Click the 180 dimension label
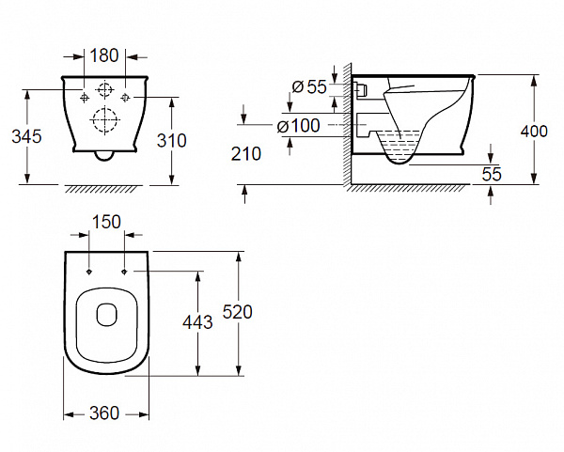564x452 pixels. [x=104, y=55]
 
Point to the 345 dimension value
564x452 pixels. [x=26, y=136]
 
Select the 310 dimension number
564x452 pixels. [x=172, y=141]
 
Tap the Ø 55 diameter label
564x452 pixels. [x=309, y=87]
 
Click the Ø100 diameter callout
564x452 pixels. [x=298, y=126]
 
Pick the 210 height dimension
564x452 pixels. [x=246, y=154]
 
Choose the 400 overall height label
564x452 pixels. [x=534, y=132]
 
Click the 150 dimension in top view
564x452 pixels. [x=106, y=222]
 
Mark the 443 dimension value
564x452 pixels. [x=197, y=321]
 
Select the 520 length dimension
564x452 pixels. [x=238, y=312]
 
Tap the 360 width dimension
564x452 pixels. [x=104, y=413]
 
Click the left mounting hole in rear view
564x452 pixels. [x=85, y=97]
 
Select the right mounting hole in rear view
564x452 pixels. [x=125, y=97]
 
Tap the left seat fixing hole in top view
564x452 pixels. [x=89, y=272]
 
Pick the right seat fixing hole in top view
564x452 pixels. [x=124, y=272]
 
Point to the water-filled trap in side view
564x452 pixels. [x=399, y=148]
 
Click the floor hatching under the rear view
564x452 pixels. [x=101, y=189]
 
